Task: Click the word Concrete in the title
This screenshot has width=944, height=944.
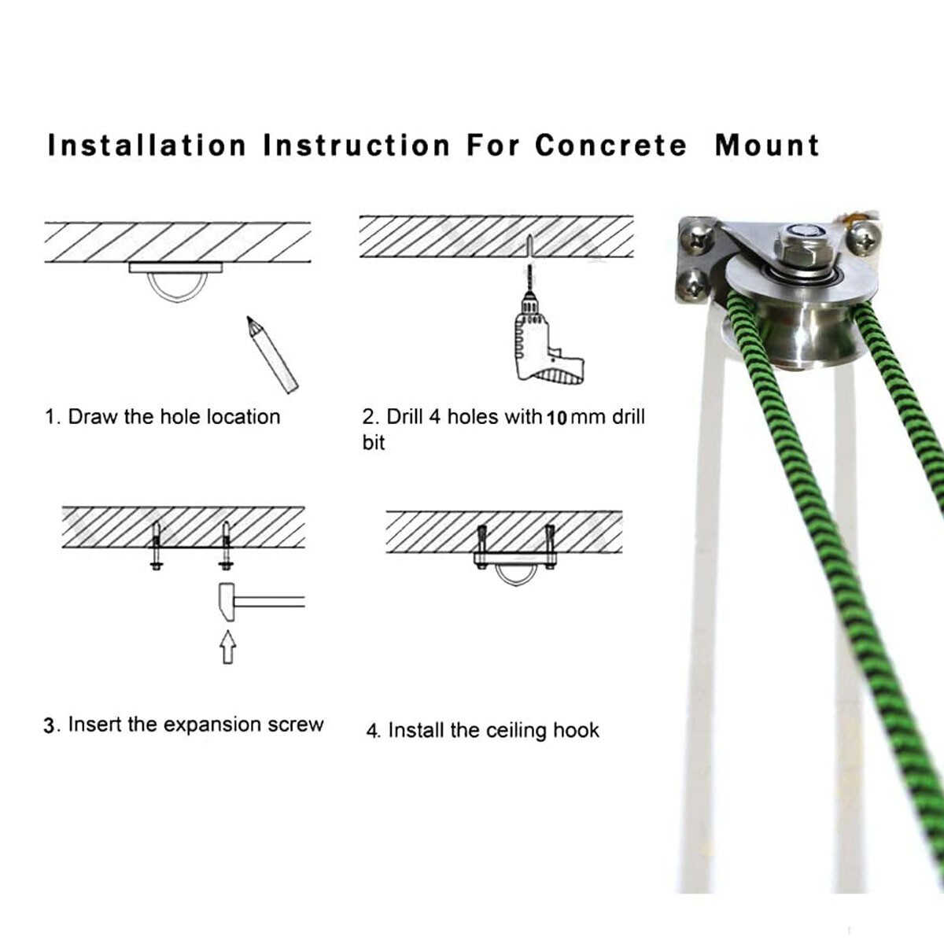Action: point(611,146)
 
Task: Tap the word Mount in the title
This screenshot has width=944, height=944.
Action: point(767,146)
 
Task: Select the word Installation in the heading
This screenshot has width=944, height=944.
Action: point(147,146)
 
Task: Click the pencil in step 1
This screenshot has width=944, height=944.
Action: point(272,354)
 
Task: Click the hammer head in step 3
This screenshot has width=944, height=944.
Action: point(225,602)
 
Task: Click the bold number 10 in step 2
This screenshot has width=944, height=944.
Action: point(557,419)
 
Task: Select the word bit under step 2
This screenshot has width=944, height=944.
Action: point(374,442)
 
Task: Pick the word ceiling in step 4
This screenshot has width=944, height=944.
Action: point(516,730)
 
